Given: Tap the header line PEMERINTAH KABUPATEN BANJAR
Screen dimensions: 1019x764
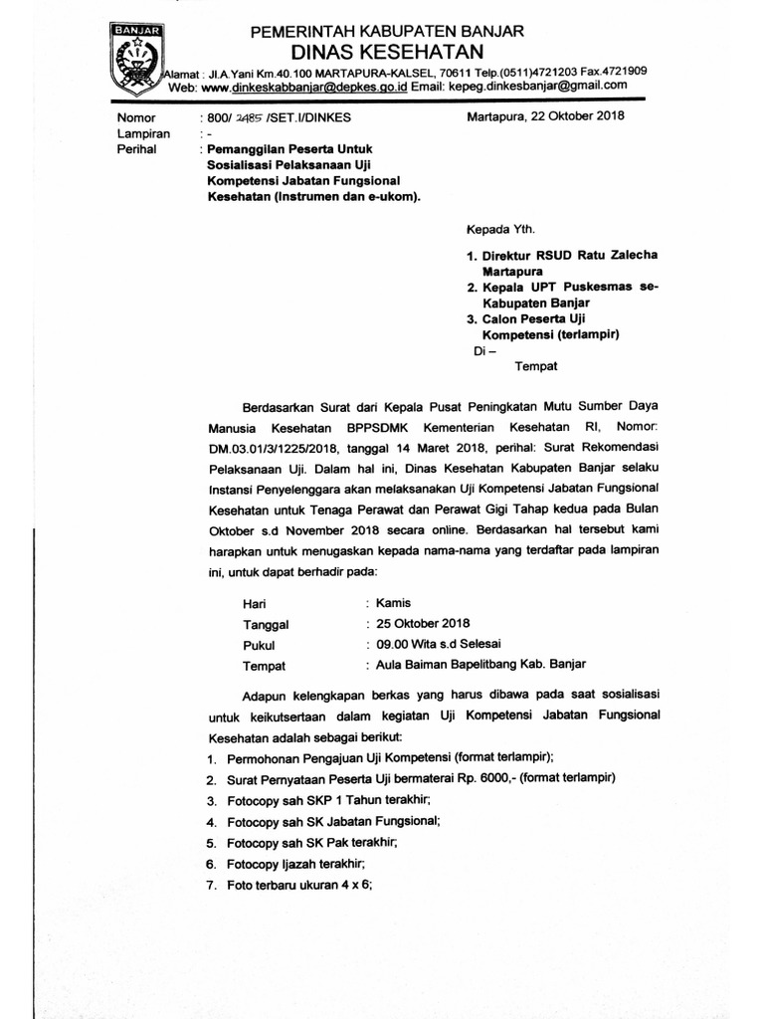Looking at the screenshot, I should pyautogui.click(x=388, y=31).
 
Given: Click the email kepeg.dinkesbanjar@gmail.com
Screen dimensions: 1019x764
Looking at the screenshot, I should pyautogui.click(x=536, y=86).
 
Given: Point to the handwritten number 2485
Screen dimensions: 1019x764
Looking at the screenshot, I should pyautogui.click(x=246, y=116).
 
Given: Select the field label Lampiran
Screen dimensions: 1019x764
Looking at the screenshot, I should pyautogui.click(x=144, y=132).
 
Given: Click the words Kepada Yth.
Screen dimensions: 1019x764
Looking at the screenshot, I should pyautogui.click(x=494, y=228).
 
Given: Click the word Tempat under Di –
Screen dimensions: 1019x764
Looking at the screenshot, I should pyautogui.click(x=535, y=365).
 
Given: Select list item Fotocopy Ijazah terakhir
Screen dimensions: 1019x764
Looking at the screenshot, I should pyautogui.click(x=295, y=863).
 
